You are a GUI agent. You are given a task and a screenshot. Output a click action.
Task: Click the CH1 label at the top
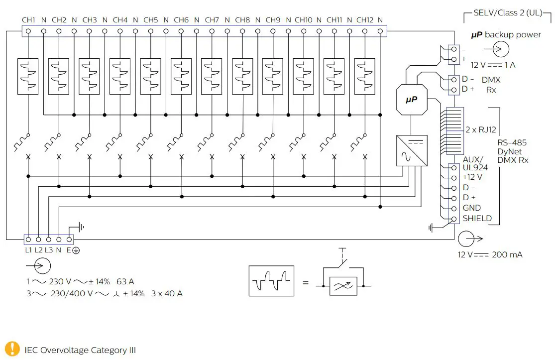click(x=28, y=20)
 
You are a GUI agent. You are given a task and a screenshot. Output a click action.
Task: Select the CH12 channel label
click(x=364, y=20)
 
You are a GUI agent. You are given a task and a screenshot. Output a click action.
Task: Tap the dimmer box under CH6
click(x=181, y=76)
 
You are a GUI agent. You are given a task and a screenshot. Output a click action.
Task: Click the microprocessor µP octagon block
click(x=411, y=100)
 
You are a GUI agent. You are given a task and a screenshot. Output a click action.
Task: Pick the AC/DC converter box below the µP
click(x=411, y=150)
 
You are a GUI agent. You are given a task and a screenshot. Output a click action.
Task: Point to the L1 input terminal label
click(x=28, y=250)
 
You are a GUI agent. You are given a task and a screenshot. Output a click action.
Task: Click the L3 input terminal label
click(x=48, y=250)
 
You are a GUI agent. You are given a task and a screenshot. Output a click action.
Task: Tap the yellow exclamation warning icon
click(x=13, y=350)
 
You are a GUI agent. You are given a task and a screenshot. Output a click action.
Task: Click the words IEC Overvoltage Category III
click(x=80, y=350)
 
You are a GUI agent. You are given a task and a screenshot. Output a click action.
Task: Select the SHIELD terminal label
click(x=477, y=219)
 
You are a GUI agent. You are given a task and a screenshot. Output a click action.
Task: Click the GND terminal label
click(x=471, y=208)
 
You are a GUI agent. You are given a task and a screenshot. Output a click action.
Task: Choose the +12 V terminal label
click(x=472, y=177)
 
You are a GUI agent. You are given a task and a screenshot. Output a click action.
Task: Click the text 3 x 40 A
click(x=166, y=294)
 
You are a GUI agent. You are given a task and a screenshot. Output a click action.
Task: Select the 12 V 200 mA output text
click(x=490, y=255)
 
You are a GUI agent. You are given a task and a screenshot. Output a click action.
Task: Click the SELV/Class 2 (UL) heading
click(x=508, y=13)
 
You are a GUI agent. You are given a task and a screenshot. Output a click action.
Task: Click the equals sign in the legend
click(x=306, y=282)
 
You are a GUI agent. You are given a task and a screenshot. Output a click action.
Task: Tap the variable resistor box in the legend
click(x=343, y=286)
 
